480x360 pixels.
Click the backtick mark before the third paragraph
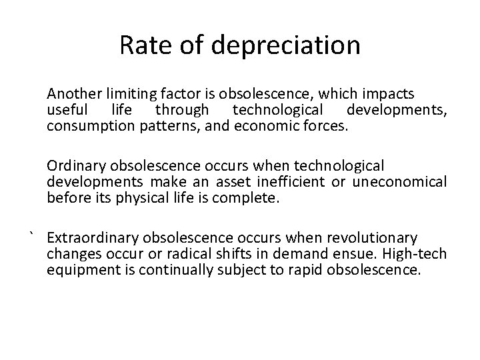31,235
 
